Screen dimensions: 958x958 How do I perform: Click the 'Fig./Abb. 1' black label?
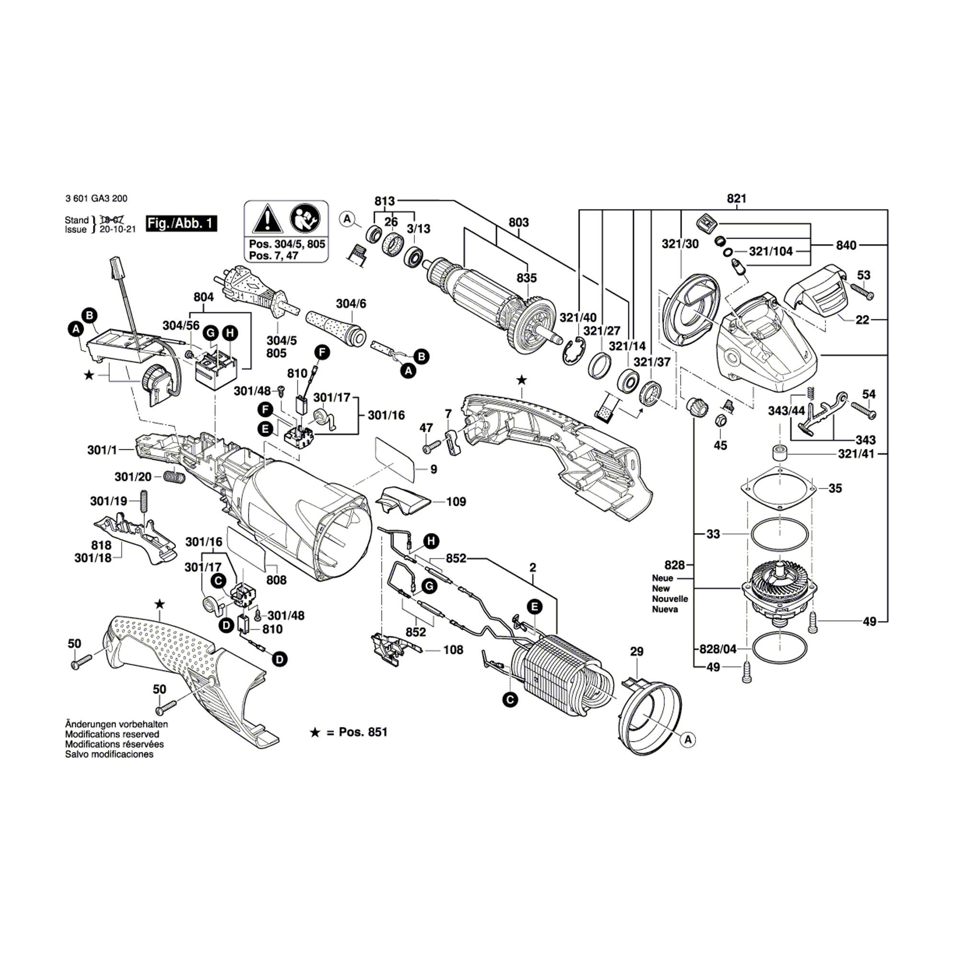(182, 224)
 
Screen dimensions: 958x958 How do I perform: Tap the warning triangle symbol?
(267, 220)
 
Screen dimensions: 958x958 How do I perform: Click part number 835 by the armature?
(526, 278)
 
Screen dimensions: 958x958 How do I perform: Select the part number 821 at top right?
(736, 199)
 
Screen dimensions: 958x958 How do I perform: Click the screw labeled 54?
(863, 411)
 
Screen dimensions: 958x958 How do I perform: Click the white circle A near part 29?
(688, 753)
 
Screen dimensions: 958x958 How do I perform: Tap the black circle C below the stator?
(509, 699)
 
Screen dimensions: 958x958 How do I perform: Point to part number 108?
(453, 650)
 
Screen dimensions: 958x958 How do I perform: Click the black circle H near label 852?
(432, 541)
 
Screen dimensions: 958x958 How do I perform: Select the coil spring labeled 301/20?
(174, 477)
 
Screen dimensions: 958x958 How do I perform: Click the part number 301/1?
(102, 450)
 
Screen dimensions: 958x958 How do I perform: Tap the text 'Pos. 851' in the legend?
(363, 732)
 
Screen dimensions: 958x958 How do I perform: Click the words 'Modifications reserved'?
(112, 734)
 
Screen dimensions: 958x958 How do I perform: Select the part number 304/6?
(351, 303)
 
